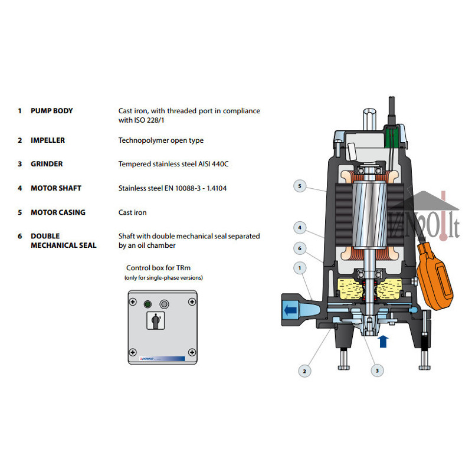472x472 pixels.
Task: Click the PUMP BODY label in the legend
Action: [52, 111]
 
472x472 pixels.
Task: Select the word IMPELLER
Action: [48, 140]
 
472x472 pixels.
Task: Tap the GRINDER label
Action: [47, 164]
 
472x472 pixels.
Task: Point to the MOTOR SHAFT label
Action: [56, 188]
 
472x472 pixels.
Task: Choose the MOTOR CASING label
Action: [58, 212]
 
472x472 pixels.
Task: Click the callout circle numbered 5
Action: [300, 186]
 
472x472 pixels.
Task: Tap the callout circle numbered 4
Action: [300, 228]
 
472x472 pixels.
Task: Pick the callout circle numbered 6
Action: [300, 248]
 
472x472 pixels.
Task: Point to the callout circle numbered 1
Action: [300, 268]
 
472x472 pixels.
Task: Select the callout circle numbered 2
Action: [304, 371]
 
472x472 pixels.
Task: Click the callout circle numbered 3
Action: [377, 371]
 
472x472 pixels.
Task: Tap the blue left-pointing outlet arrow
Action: [290, 310]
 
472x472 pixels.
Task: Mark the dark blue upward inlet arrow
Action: [383, 342]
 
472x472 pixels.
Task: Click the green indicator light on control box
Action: [147, 304]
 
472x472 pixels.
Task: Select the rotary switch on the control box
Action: [156, 320]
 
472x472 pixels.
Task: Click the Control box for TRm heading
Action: [158, 268]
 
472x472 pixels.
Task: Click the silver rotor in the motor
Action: [369, 215]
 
